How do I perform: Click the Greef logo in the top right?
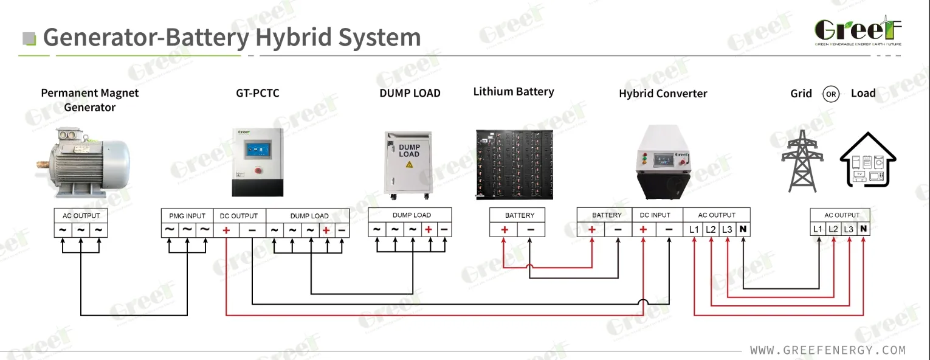[858, 31]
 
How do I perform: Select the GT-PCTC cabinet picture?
[258, 162]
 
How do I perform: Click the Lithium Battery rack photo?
[514, 164]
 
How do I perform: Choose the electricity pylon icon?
[802, 161]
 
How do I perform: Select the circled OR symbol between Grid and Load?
[830, 94]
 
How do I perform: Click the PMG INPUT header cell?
[187, 216]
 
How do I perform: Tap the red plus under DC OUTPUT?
[226, 230]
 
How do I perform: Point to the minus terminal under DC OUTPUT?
[252, 230]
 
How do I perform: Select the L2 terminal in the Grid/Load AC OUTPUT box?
[833, 230]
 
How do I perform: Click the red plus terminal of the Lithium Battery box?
[504, 230]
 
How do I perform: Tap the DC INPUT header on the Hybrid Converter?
[656, 215]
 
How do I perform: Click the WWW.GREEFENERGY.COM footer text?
[827, 350]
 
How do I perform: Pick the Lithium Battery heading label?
[514, 92]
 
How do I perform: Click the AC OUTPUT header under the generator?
[81, 216]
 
